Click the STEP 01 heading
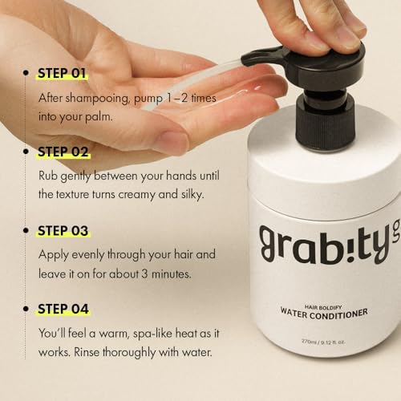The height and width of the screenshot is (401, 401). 63,73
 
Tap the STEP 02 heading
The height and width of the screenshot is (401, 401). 63,152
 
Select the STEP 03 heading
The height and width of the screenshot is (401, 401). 63,231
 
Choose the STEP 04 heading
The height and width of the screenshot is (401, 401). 63,309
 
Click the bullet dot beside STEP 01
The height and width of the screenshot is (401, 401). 26,72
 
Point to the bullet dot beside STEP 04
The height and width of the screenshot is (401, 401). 26,309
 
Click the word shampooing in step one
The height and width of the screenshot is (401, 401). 97,99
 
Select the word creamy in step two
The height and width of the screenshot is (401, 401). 136,195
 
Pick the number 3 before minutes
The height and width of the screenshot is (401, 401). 144,273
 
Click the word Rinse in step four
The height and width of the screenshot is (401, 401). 87,352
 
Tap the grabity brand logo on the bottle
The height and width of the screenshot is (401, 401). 330,245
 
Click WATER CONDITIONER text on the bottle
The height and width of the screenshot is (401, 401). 324,314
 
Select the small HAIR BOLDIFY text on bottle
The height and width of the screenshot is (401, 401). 323,307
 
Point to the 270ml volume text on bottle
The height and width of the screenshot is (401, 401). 323,342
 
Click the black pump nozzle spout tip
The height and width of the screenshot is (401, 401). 245,60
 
